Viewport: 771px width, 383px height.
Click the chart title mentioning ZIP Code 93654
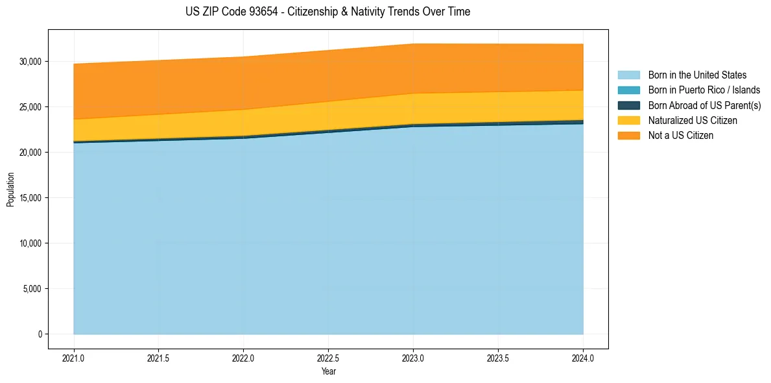coord(327,12)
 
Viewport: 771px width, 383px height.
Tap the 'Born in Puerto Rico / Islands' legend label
coord(704,90)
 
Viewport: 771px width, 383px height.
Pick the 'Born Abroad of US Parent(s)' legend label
coord(704,105)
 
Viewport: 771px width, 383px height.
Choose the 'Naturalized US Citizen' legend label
coord(693,121)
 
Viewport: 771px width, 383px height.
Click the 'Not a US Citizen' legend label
coord(680,136)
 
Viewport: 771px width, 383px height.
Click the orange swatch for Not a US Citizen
coord(628,136)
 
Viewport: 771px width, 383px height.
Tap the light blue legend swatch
coord(628,75)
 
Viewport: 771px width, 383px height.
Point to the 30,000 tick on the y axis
coord(30,62)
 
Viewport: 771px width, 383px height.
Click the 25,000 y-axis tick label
coord(30,107)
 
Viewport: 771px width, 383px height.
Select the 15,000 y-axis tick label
coord(30,198)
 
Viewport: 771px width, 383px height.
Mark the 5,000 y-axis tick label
coord(32,289)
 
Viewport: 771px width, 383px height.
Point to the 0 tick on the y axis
coord(39,334)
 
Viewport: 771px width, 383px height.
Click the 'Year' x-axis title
coord(328,371)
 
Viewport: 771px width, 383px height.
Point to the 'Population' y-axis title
coord(10,190)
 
